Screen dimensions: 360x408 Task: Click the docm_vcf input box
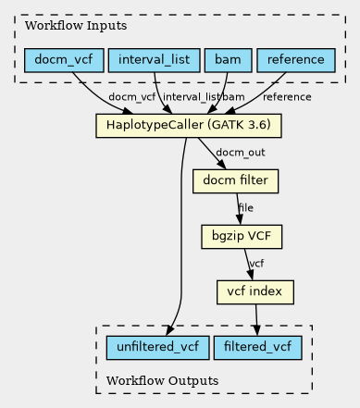click(x=64, y=60)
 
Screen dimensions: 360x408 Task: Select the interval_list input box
click(x=155, y=60)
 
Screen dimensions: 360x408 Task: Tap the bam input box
click(x=228, y=60)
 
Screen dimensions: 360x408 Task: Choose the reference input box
click(x=296, y=60)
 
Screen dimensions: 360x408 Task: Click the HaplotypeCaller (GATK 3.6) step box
click(x=189, y=126)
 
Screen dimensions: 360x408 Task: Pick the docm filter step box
click(x=235, y=181)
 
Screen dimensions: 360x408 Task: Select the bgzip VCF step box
click(x=242, y=237)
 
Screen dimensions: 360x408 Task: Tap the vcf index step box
click(x=255, y=292)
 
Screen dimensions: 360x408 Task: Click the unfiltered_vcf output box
click(x=157, y=348)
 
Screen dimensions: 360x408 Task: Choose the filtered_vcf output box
click(x=257, y=348)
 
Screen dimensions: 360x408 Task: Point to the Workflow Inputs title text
click(x=76, y=26)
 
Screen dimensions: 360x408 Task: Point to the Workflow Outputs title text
click(x=162, y=381)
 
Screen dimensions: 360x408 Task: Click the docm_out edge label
click(x=241, y=153)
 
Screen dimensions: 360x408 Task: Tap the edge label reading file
click(x=246, y=208)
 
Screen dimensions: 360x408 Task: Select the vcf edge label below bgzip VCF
click(x=256, y=264)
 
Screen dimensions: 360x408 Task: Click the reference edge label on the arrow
click(x=287, y=97)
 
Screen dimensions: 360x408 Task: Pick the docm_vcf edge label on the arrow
click(x=132, y=97)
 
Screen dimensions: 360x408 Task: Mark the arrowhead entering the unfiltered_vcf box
click(x=170, y=330)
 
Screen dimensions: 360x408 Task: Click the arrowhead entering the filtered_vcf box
click(x=256, y=331)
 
